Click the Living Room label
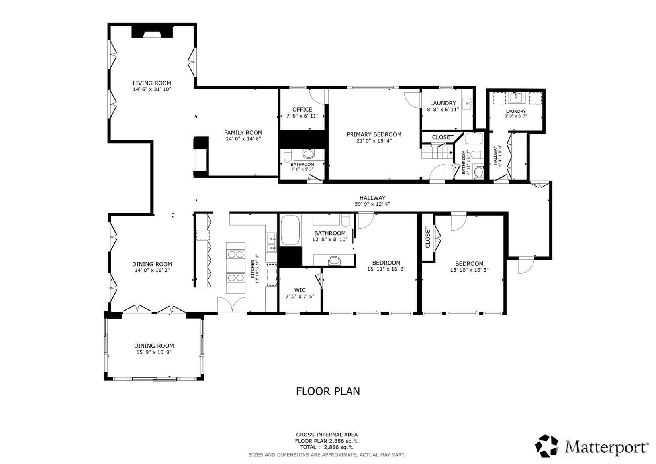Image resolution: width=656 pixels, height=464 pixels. click(152, 83)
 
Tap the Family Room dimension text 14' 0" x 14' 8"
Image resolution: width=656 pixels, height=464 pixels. click(243, 139)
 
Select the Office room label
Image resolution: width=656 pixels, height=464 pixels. click(302, 109)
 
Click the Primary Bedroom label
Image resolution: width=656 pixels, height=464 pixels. click(374, 134)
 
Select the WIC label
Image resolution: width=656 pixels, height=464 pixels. click(300, 290)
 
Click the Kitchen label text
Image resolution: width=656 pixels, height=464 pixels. click(252, 269)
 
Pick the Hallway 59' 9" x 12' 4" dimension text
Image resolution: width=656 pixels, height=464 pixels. click(372, 204)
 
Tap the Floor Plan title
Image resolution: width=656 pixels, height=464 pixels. click(328, 391)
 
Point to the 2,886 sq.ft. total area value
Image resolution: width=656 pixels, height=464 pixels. click(339, 447)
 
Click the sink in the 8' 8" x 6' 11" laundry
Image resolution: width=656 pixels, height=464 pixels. click(466, 104)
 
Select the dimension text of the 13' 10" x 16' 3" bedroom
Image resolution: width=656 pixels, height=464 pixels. click(469, 270)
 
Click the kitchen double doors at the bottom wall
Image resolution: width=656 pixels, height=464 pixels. click(232, 305)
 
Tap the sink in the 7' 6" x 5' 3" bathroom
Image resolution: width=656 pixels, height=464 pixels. click(308, 153)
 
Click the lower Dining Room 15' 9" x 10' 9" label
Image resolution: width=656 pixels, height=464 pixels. click(154, 349)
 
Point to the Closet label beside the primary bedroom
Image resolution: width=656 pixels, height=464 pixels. click(443, 137)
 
